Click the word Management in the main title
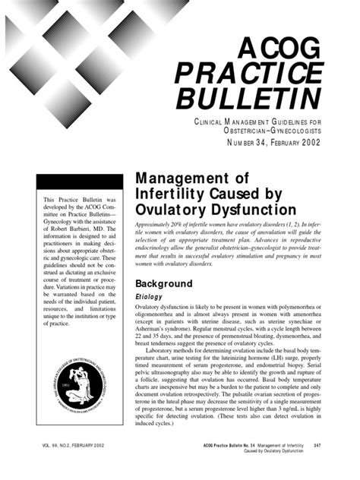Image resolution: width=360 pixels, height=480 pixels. (x=174, y=177)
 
